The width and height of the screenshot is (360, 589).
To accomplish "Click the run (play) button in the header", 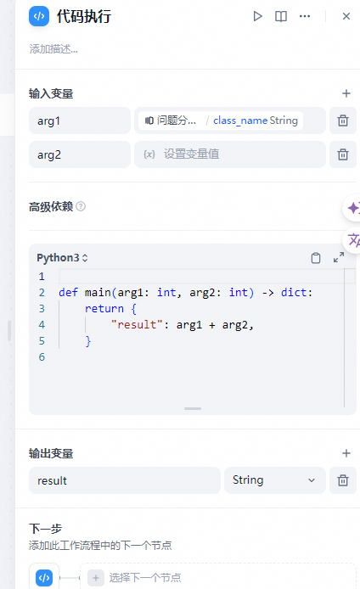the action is [257, 16].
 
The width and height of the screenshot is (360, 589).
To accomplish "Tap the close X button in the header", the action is [346, 16].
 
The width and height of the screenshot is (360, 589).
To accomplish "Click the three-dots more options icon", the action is [305, 16].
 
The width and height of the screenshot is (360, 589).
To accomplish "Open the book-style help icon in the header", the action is [281, 16].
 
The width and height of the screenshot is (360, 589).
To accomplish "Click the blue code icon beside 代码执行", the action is [39, 16].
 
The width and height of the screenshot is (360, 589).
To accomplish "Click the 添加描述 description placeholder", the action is [53, 49].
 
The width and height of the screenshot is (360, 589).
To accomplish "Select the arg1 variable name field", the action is [80, 121].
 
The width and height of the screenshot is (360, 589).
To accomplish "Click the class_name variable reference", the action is [240, 121].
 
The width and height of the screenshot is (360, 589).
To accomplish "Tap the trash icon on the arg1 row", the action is [343, 121].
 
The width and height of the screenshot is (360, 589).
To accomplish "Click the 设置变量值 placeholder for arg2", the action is [192, 154].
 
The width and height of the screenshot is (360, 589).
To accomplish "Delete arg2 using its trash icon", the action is [343, 154].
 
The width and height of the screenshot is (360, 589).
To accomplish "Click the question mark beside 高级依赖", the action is [81, 206].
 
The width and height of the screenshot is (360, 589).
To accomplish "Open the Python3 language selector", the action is [62, 258].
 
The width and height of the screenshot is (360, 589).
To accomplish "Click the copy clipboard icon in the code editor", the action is [316, 258].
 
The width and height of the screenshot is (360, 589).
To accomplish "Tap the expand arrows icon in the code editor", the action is [339, 257].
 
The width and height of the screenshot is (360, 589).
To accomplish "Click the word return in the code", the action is [104, 309].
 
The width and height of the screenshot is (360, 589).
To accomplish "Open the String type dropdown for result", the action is [275, 480].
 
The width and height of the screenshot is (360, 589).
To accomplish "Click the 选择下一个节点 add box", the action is [218, 577].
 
